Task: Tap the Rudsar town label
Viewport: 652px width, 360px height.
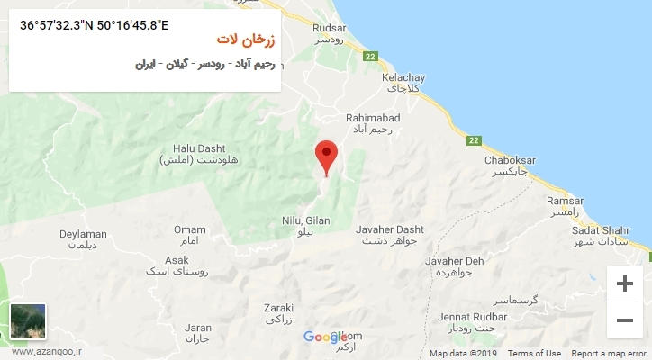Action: [x=329, y=27]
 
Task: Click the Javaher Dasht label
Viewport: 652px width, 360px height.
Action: [x=389, y=229]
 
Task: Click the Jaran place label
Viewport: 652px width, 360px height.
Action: [x=196, y=328]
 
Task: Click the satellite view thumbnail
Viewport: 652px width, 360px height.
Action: [x=28, y=321]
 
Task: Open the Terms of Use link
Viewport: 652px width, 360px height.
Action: [x=535, y=354]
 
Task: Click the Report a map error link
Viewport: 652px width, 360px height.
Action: [x=609, y=354]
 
